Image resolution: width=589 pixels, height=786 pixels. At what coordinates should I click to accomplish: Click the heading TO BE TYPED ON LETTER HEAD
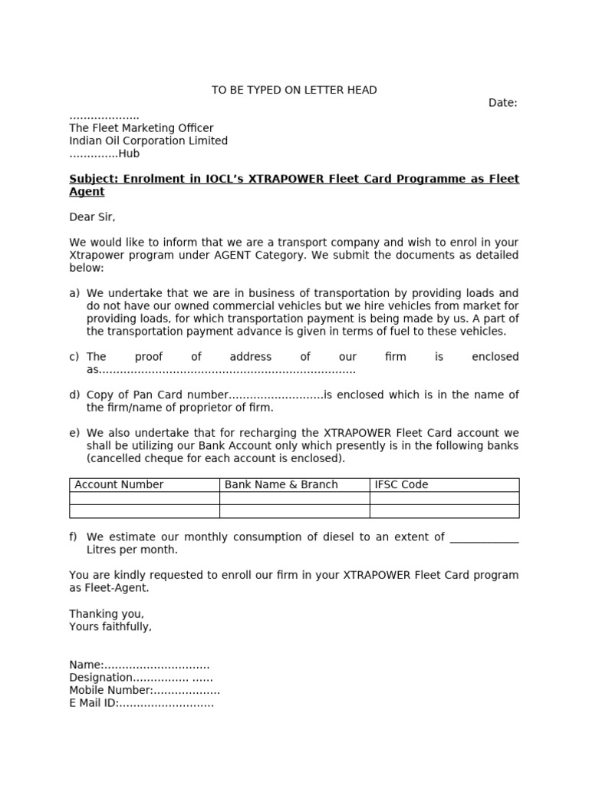[x=294, y=91]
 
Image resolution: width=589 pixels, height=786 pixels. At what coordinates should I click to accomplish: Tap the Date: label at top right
[x=502, y=103]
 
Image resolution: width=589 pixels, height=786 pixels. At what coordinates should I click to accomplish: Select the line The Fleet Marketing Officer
[x=141, y=128]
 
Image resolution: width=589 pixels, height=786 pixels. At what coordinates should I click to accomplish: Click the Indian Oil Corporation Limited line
[x=148, y=140]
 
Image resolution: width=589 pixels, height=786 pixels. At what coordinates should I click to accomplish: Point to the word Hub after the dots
[x=129, y=154]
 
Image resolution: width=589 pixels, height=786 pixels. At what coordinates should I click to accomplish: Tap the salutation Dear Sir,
[x=92, y=217]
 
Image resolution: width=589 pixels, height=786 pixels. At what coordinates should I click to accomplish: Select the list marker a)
[x=74, y=293]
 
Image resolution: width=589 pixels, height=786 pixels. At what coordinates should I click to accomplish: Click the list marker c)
[x=74, y=357]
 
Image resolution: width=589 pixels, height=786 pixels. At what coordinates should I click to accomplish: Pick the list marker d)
[x=74, y=395]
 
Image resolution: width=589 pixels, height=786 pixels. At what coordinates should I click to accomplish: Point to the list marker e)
[x=74, y=434]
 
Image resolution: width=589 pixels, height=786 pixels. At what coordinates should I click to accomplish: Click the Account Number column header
[x=119, y=484]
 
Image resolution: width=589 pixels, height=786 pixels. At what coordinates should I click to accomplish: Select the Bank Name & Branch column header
[x=281, y=484]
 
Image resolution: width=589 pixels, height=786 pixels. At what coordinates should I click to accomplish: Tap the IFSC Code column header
[x=401, y=484]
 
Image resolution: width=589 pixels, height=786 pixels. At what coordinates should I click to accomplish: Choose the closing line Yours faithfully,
[x=110, y=626]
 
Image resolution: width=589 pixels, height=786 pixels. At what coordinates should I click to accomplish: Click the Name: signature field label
[x=86, y=665]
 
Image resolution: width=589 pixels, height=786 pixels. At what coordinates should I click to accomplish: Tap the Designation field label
[x=101, y=678]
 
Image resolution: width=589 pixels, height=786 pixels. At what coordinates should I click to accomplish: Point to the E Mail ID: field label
[x=94, y=703]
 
